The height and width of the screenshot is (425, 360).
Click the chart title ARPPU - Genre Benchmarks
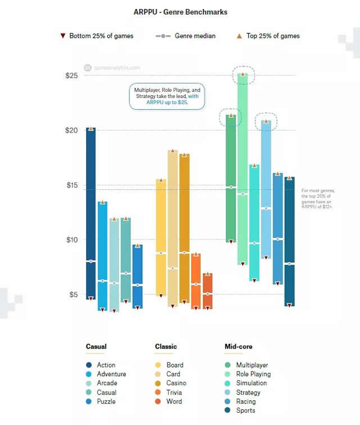point(180,11)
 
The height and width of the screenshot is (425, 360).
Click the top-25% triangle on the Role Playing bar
point(242,74)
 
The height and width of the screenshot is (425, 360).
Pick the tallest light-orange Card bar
point(173,225)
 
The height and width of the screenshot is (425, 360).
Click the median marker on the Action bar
point(91,261)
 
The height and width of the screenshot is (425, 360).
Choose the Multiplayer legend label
point(252,365)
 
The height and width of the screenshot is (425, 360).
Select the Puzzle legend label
point(106,401)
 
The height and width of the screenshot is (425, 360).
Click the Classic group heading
point(166,347)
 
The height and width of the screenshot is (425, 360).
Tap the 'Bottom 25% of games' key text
point(101,36)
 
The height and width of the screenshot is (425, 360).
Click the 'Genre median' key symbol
point(163,36)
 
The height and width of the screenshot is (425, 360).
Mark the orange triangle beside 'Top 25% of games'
point(240,36)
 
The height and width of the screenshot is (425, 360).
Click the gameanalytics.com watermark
point(115,68)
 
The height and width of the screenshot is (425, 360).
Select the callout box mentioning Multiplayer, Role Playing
point(167,97)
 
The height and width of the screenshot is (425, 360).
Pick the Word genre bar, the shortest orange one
point(208,291)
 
